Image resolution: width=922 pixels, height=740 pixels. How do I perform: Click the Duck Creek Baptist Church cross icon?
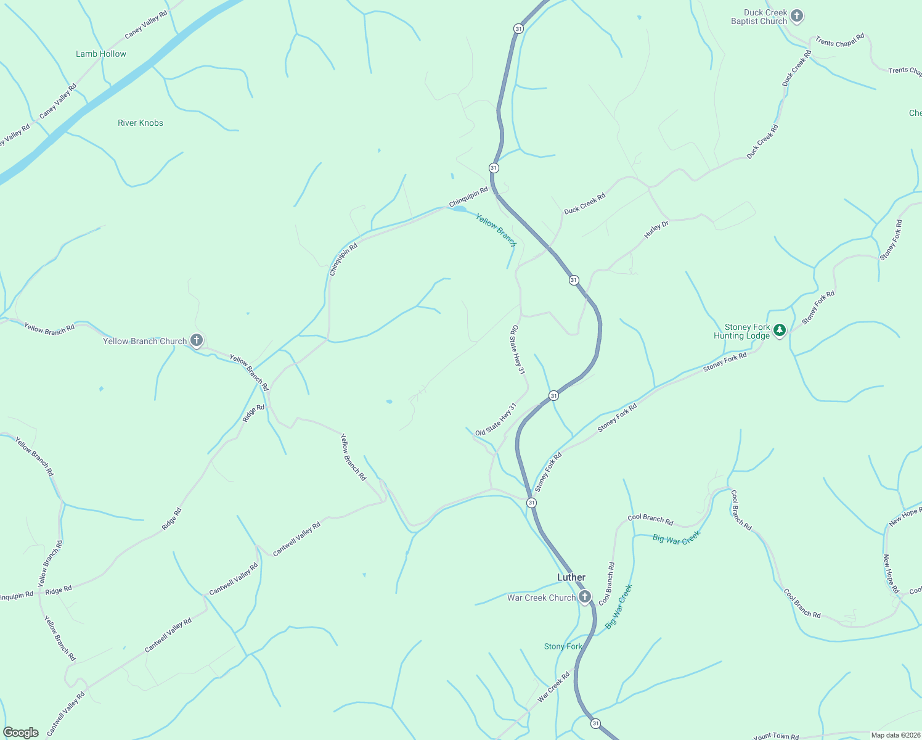pyautogui.click(x=797, y=16)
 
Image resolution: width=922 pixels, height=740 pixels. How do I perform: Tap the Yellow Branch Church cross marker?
pyautogui.click(x=197, y=340)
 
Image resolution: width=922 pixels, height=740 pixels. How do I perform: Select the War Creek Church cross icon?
pyautogui.click(x=584, y=597)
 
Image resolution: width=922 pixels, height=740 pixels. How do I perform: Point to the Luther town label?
pyautogui.click(x=571, y=577)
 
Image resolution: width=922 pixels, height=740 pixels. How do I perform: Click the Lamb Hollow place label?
pyautogui.click(x=101, y=54)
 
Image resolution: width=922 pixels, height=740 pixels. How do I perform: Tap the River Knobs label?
pyautogui.click(x=141, y=123)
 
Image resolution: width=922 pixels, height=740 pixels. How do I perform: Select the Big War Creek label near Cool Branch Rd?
pyautogui.click(x=676, y=538)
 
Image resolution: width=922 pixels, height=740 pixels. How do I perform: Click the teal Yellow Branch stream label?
pyautogui.click(x=496, y=229)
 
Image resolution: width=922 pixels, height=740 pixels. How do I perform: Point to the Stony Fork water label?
pyautogui.click(x=563, y=646)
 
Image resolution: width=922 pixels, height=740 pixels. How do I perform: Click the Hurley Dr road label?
pyautogui.click(x=656, y=229)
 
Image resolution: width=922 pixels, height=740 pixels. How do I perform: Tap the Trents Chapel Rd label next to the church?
pyautogui.click(x=839, y=41)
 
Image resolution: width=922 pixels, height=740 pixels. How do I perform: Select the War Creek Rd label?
pyautogui.click(x=553, y=687)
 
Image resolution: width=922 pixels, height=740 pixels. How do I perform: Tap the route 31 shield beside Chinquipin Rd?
pyautogui.click(x=494, y=168)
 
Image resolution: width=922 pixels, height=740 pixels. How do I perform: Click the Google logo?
pyautogui.click(x=20, y=732)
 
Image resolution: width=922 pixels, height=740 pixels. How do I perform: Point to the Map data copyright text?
pyautogui.click(x=895, y=735)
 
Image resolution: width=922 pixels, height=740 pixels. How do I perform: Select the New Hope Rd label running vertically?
pyautogui.click(x=891, y=573)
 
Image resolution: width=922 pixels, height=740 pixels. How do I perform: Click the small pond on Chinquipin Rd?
pyautogui.click(x=459, y=209)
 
